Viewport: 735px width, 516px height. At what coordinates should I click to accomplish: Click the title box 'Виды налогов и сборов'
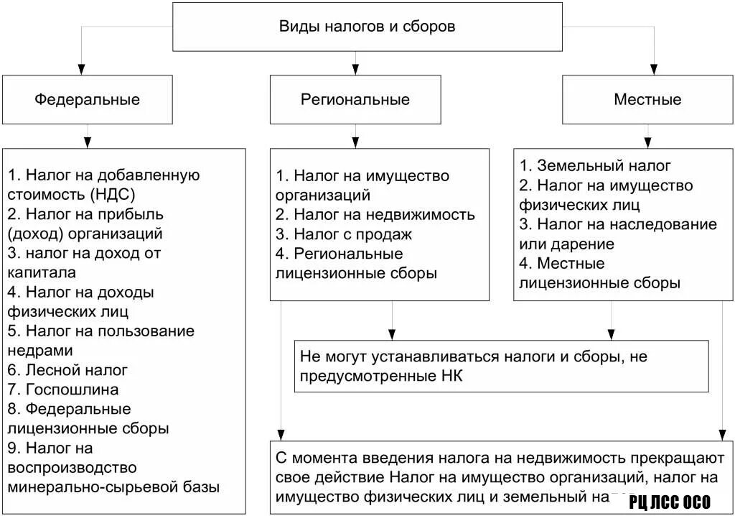click(367, 27)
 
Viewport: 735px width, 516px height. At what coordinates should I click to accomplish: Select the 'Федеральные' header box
click(88, 99)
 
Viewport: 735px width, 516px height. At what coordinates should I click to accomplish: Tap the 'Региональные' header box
click(355, 99)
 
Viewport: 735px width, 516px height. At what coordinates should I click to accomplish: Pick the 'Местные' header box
click(647, 99)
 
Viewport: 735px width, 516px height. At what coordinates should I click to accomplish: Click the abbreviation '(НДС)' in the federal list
click(113, 194)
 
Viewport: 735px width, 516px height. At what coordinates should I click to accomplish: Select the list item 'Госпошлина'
click(72, 390)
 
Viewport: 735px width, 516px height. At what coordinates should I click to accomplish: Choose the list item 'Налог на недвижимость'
click(384, 214)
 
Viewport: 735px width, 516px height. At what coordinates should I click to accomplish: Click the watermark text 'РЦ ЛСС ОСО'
click(669, 502)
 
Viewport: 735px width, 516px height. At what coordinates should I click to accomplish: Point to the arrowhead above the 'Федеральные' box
click(81, 69)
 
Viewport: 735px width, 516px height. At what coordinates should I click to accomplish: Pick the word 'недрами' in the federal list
click(40, 350)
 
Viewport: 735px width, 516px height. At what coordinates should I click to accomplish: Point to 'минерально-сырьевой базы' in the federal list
click(113, 487)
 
